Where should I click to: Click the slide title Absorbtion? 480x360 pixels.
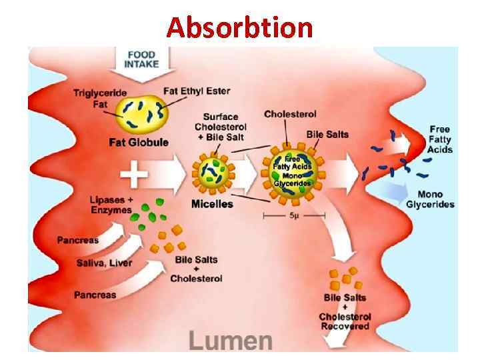tap(239, 27)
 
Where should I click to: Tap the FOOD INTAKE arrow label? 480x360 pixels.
tap(142, 59)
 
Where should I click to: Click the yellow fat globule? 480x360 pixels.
tap(143, 114)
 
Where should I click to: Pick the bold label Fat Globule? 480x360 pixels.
tap(139, 142)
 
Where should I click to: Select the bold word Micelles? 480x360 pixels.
tap(212, 203)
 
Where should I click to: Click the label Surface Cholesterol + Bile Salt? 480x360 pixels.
tap(221, 127)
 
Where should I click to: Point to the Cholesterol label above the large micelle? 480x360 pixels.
tap(290, 114)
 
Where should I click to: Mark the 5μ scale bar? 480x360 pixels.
tap(294, 216)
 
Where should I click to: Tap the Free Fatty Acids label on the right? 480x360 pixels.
tap(440, 139)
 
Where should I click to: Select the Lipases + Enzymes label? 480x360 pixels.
tap(112, 205)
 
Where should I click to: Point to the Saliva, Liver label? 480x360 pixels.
tap(104, 263)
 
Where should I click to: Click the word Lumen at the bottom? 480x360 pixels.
tap(231, 340)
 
